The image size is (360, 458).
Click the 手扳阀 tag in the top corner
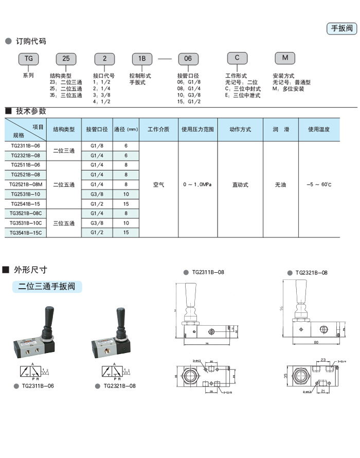(341, 29)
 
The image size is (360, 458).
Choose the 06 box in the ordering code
(188, 59)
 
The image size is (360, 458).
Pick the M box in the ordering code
(284, 58)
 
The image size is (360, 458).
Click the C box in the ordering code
(237, 58)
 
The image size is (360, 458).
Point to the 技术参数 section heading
(31, 111)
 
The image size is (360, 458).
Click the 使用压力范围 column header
(197, 130)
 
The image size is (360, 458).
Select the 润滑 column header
(280, 130)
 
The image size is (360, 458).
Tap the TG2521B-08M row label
(26, 184)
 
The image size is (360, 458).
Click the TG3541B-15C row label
(26, 233)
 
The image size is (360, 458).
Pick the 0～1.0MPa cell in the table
(197, 184)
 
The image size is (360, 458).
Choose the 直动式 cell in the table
(240, 184)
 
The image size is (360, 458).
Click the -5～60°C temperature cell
(318, 184)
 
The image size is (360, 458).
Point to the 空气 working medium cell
(158, 184)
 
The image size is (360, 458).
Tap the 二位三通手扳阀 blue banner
(47, 287)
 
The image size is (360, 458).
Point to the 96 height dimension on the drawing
(283, 308)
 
